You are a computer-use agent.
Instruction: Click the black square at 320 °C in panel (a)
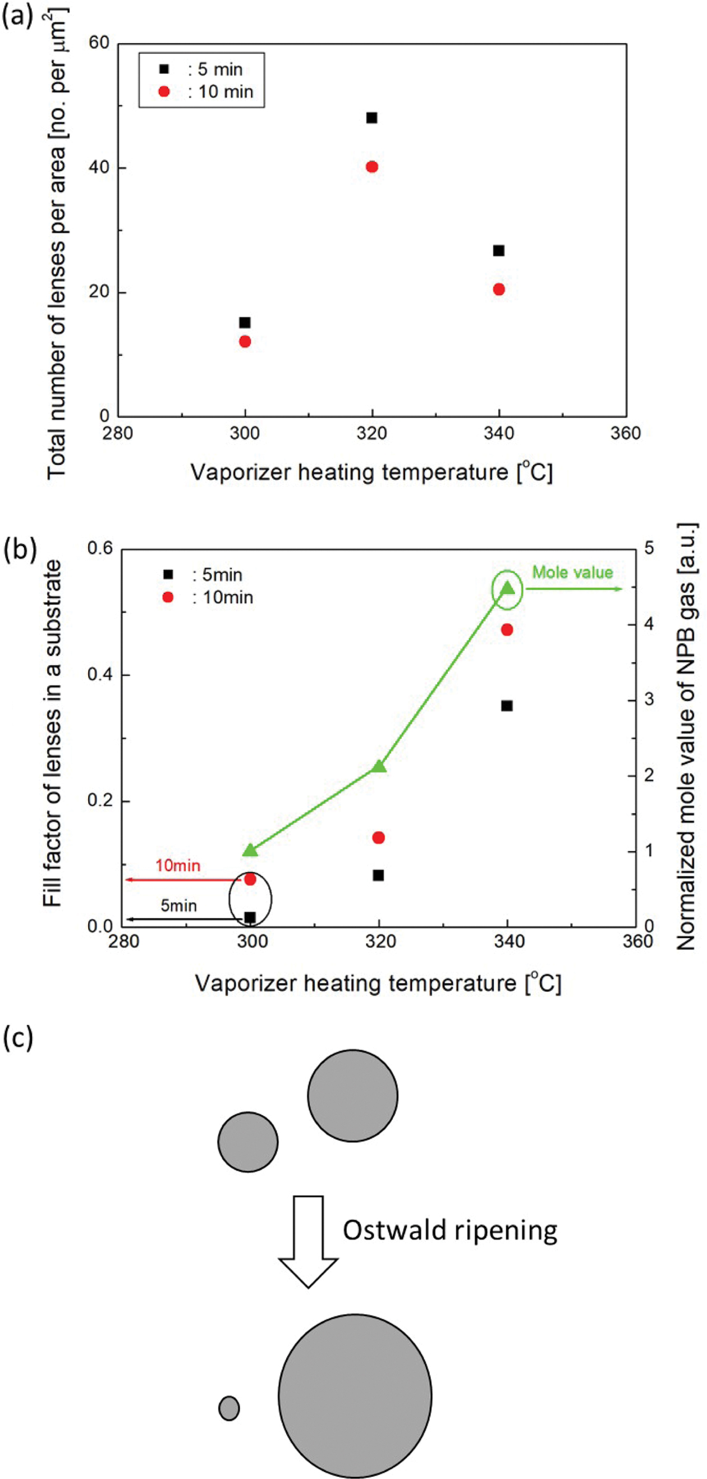372,118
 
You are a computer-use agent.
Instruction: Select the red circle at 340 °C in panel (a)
499,290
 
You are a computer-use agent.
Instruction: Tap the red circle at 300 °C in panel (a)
245,342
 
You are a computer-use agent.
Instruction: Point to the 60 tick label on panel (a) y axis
99,43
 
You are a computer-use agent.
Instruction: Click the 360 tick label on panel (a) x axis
626,433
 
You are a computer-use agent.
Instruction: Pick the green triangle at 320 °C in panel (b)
379,767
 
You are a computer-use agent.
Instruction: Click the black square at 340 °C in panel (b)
507,706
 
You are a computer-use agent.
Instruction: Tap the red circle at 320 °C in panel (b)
378,837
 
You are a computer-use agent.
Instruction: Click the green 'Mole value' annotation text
572,573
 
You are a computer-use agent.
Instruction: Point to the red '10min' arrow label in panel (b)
178,866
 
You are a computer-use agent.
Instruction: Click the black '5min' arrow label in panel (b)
178,905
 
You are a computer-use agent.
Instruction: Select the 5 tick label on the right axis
649,548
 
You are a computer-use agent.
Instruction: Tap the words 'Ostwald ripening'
450,1230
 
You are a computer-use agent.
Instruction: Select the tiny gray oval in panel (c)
229,1408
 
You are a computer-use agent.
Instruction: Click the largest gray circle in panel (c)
355,1396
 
